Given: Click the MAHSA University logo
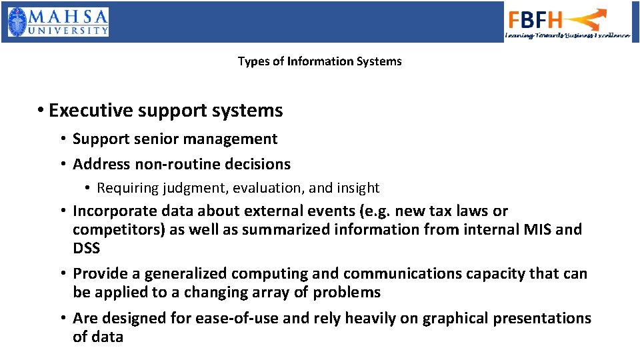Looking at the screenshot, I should [58, 22].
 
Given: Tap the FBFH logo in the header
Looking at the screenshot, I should [567, 23].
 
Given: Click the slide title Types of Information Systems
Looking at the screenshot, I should [319, 61].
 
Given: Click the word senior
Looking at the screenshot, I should [157, 139].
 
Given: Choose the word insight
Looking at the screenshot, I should [357, 188].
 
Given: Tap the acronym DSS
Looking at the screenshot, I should [86, 249].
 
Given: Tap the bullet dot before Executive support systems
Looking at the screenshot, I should [41, 111].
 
